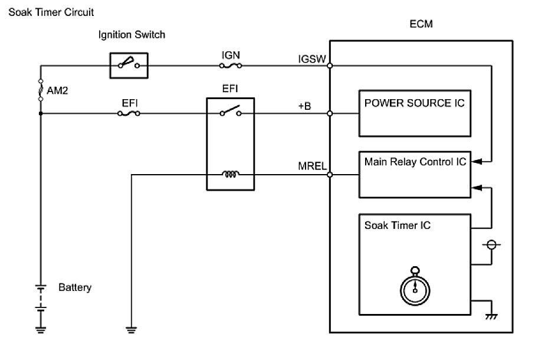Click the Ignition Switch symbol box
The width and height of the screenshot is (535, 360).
tap(129, 64)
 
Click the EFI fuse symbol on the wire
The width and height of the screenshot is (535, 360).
tap(129, 114)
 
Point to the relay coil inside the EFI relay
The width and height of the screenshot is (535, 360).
tap(230, 174)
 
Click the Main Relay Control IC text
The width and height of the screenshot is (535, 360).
tap(414, 161)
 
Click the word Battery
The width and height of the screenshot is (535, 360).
tap(75, 288)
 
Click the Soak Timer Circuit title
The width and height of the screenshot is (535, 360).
tap(50, 12)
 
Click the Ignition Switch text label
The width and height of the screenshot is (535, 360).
tap(132, 35)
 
